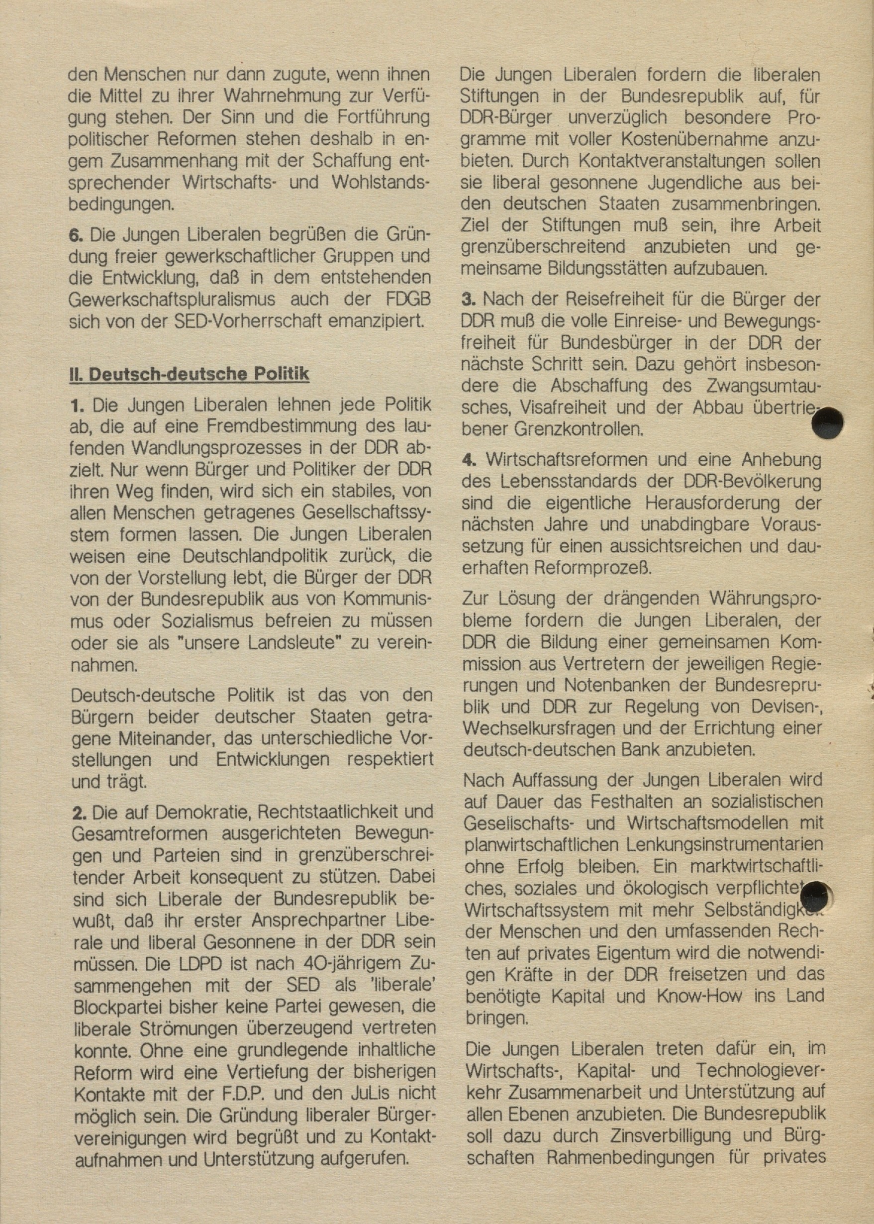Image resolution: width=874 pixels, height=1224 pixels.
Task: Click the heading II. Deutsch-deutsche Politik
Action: (189, 374)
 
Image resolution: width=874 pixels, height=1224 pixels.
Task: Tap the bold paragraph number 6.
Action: (76, 235)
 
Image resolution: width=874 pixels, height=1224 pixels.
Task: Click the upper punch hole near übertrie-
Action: (828, 423)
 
